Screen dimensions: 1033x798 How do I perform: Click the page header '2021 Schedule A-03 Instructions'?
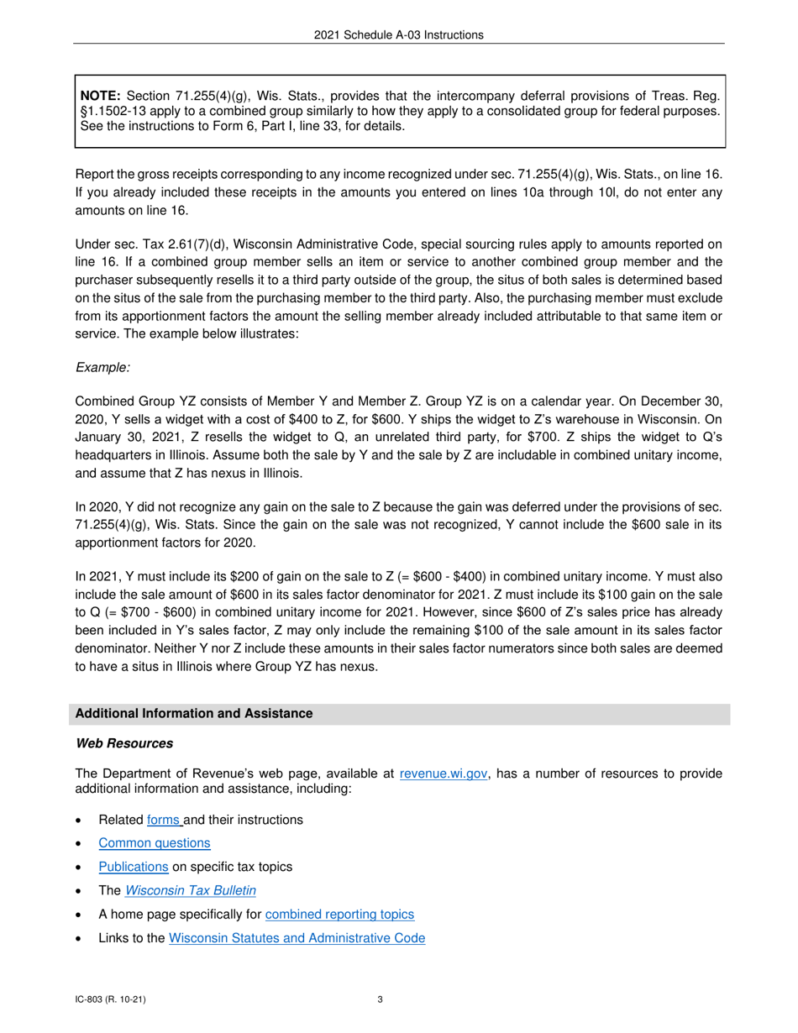click(x=399, y=34)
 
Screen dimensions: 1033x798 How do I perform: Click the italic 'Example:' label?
click(x=102, y=367)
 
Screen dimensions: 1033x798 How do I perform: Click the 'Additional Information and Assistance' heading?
click(x=194, y=714)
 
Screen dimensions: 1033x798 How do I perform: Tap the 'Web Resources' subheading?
click(x=124, y=743)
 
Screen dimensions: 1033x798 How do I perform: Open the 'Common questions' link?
click(x=155, y=842)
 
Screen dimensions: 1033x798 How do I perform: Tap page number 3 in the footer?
click(x=381, y=999)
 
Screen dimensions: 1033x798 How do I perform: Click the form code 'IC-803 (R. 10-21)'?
click(x=112, y=999)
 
